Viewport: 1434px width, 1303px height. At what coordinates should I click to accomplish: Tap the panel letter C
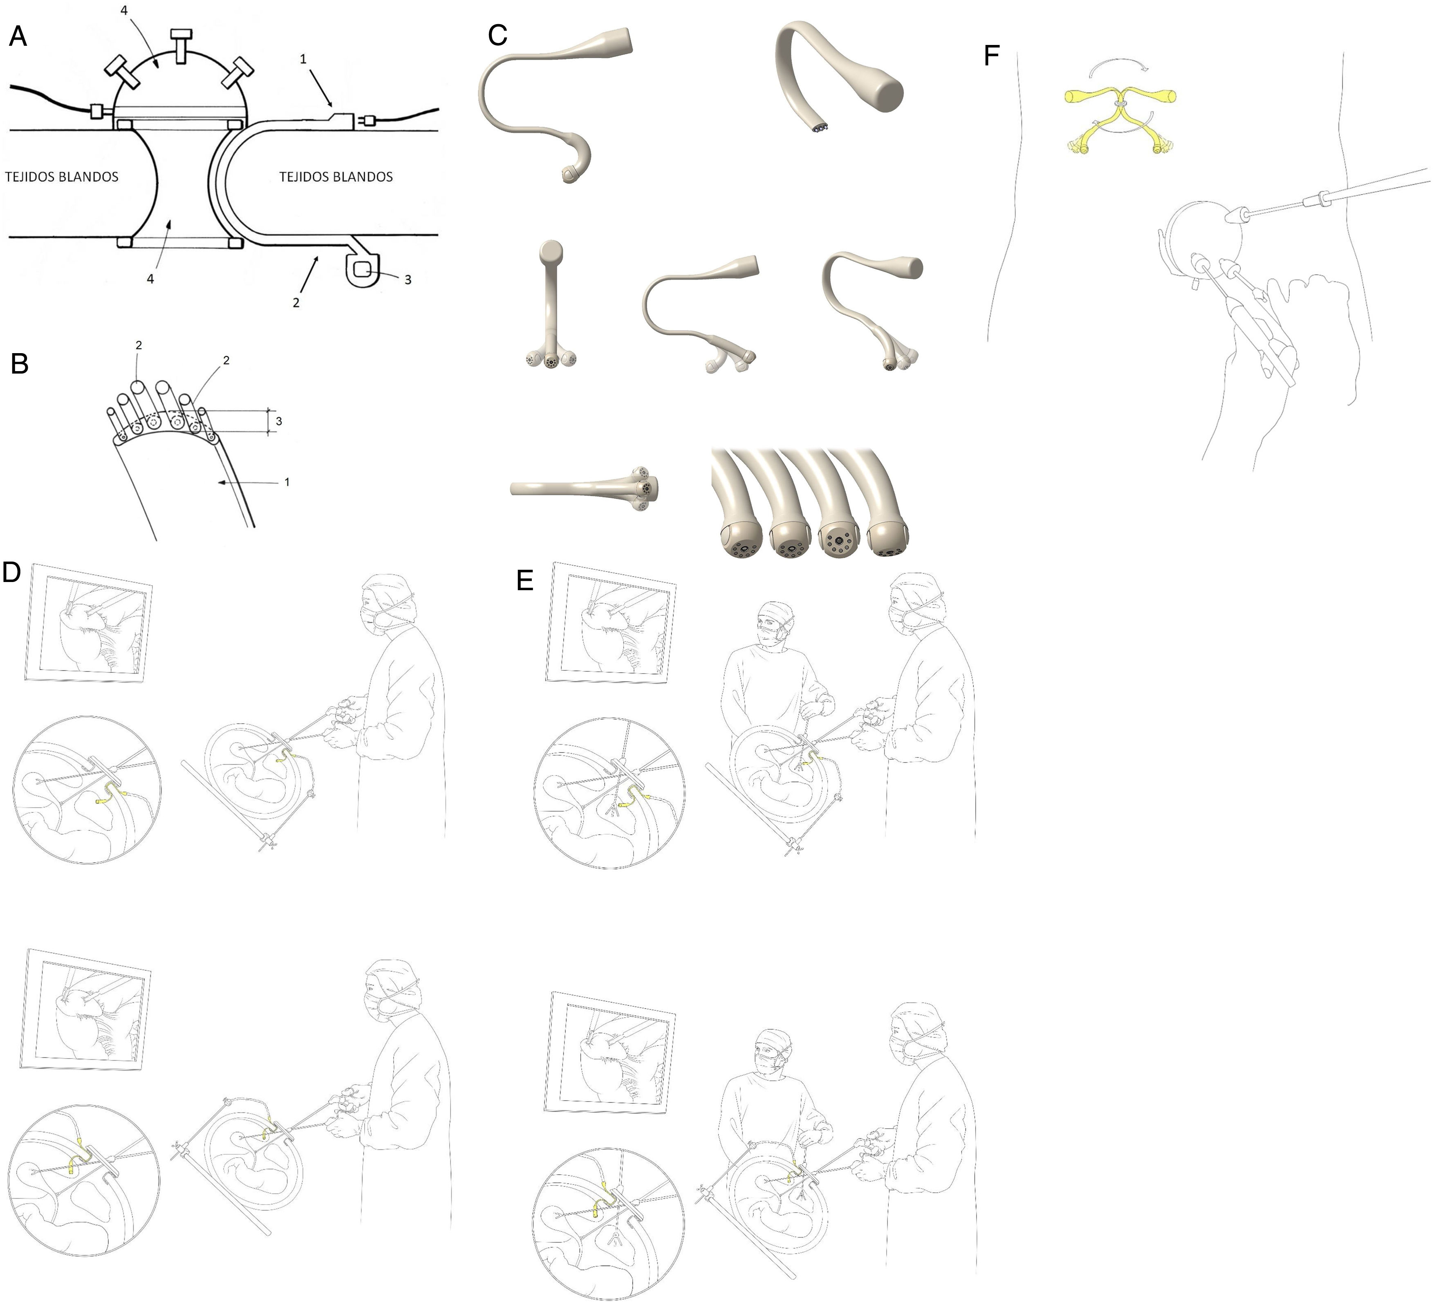498,35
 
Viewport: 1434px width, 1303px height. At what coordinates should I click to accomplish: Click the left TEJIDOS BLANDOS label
62,177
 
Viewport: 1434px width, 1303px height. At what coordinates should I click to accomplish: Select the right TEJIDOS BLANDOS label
336,177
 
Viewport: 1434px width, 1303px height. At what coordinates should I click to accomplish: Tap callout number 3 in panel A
408,280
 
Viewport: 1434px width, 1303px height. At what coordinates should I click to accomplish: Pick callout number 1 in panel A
303,59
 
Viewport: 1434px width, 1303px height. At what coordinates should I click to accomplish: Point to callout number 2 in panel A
296,302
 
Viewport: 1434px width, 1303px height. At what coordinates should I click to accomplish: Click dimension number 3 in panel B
279,421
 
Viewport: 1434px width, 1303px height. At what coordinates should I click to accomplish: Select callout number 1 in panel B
287,482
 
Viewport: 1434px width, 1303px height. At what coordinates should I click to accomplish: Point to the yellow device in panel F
1121,119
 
